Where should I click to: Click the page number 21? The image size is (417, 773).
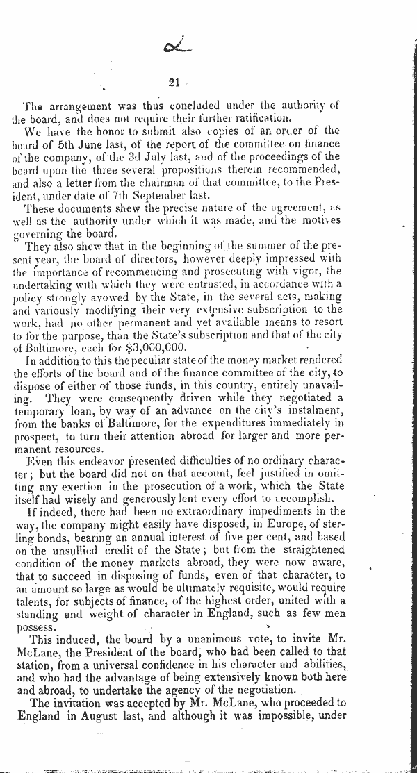tap(174, 83)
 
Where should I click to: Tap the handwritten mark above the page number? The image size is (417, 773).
tap(174, 48)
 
